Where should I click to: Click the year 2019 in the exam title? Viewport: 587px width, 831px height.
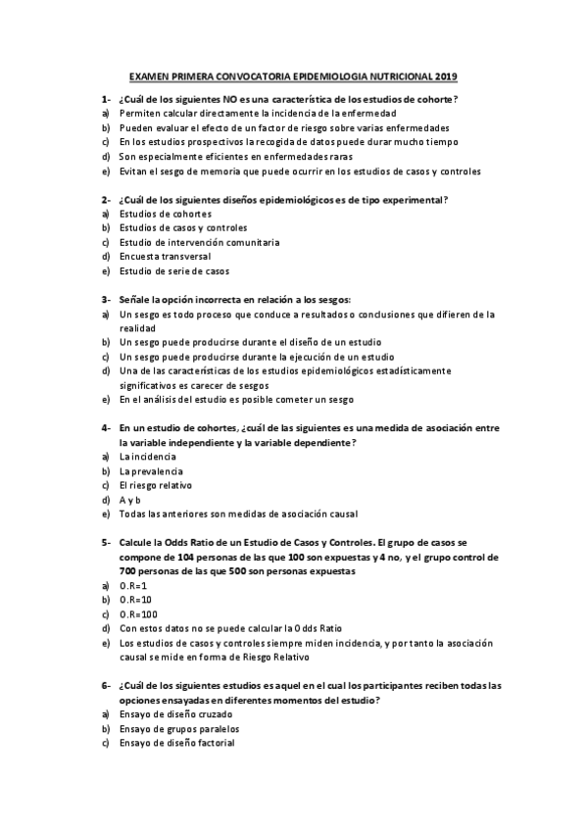[x=446, y=76]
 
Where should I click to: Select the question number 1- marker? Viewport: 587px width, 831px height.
[x=105, y=100]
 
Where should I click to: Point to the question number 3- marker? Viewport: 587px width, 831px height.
[x=105, y=299]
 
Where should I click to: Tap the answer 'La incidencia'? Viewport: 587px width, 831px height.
[x=148, y=457]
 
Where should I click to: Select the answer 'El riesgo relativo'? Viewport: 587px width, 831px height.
[x=156, y=485]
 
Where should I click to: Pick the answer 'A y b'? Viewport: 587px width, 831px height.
[x=130, y=499]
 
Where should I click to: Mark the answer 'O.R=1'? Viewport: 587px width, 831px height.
[x=133, y=585]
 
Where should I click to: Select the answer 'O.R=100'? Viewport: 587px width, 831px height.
[x=138, y=613]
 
